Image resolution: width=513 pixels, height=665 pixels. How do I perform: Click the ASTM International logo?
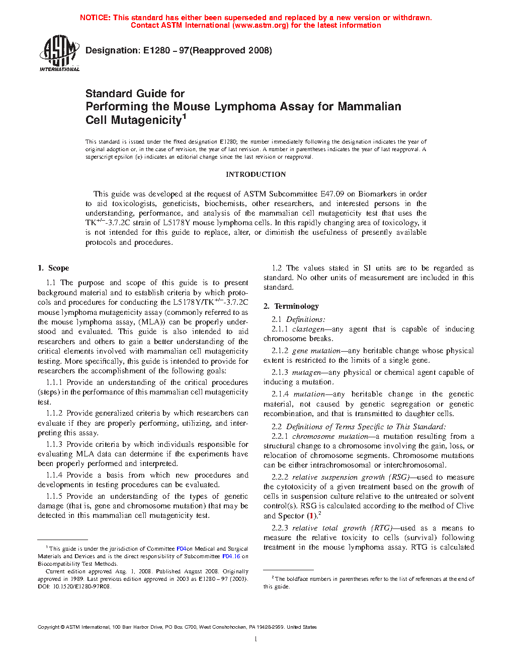pyautogui.click(x=59, y=53)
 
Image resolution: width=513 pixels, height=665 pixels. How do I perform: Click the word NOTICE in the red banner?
pyautogui.click(x=95, y=18)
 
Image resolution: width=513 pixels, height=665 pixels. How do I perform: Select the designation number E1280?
pyautogui.click(x=157, y=50)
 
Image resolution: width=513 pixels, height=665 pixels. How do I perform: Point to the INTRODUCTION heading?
pyautogui.click(x=255, y=174)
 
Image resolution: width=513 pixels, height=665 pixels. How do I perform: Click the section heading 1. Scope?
pyautogui.click(x=53, y=268)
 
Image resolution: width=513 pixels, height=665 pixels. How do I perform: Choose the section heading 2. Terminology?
pyautogui.click(x=291, y=306)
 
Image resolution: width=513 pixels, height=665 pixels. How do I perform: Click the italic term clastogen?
pyautogui.click(x=308, y=329)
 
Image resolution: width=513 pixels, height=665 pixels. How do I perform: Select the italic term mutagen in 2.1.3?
pyautogui.click(x=306, y=372)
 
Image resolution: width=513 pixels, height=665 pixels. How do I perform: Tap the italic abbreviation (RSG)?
pyautogui.click(x=399, y=477)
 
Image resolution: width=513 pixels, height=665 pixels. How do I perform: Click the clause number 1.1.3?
pyautogui.click(x=54, y=444)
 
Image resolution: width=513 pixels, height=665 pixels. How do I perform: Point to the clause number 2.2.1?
pyautogui.click(x=280, y=436)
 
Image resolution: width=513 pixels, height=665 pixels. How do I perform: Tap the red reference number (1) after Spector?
pyautogui.click(x=312, y=516)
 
